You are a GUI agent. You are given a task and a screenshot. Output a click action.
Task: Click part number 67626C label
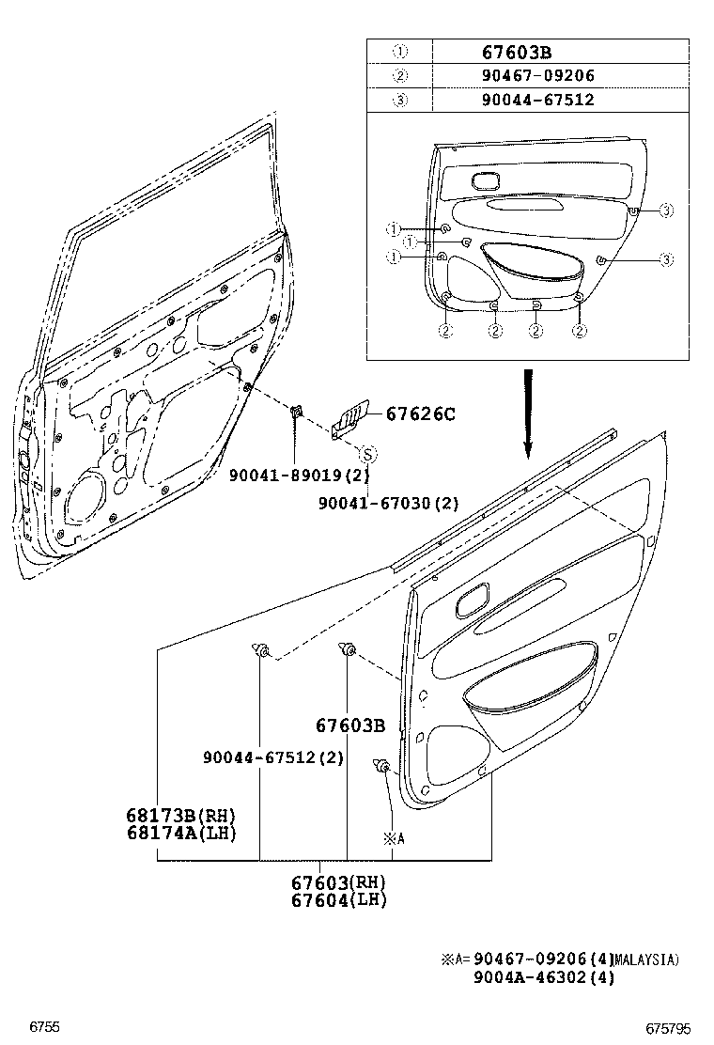point(421,413)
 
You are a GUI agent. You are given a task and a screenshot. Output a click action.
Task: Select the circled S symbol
point(369,454)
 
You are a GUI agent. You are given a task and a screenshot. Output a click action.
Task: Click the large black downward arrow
point(528,413)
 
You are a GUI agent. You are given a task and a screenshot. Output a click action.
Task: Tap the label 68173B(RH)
point(181,816)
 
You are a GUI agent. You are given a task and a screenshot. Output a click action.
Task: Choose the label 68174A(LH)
point(181,833)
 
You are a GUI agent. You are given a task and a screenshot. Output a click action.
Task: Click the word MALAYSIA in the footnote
point(646,959)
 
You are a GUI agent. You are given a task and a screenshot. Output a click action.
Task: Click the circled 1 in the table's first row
point(399,53)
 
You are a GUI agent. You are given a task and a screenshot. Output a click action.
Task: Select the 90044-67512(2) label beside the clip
point(273,757)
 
